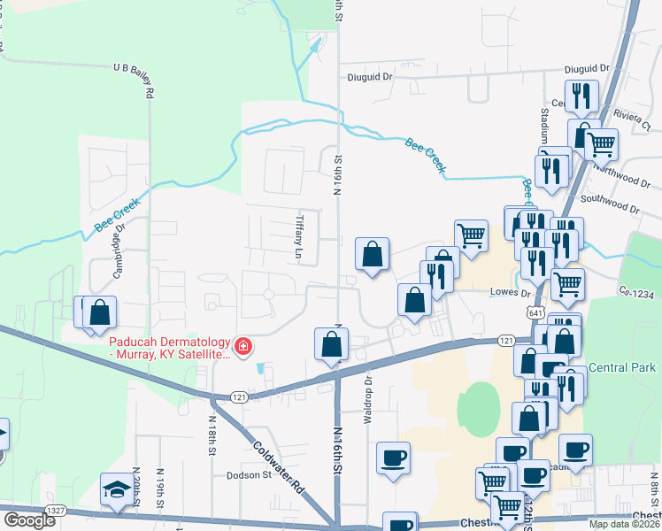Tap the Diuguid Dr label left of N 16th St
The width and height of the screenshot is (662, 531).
368,77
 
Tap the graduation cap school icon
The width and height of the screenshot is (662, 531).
116,490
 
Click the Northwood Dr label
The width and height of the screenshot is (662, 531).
622,175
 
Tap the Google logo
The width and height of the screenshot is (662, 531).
29,519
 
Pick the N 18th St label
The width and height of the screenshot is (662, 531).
212,436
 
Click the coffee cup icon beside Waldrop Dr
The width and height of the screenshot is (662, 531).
393,458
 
